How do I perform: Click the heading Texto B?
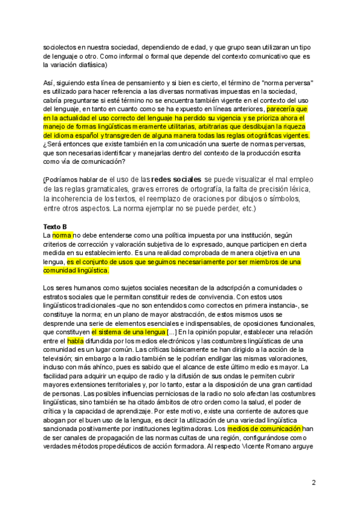coord(55,226)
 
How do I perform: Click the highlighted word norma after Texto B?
coord(62,235)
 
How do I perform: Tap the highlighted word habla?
coord(75,340)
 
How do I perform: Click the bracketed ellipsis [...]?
coord(172,331)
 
